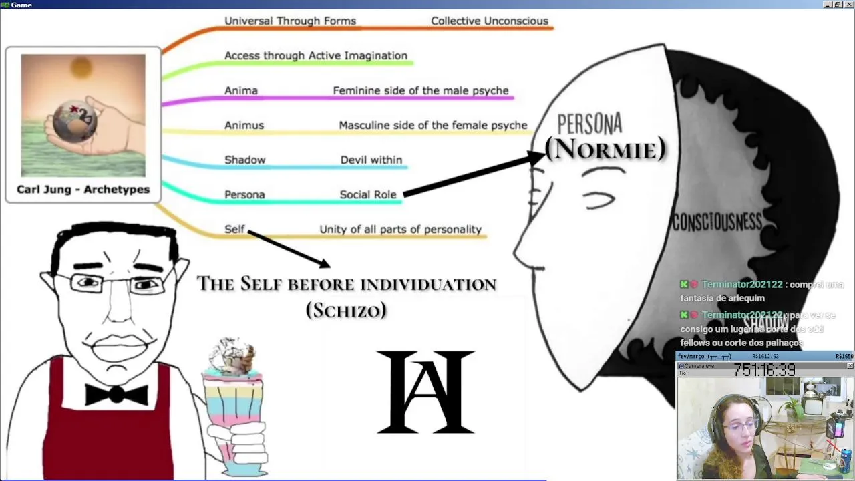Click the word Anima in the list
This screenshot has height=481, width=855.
[x=240, y=91]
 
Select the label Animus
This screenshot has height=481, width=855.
[x=244, y=126]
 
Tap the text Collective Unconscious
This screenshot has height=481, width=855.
[x=489, y=21]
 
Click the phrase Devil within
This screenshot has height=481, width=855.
[x=371, y=160]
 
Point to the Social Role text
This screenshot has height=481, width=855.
[x=367, y=195]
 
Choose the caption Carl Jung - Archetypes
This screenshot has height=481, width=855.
[x=83, y=190]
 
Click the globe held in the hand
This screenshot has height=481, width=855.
[x=75, y=120]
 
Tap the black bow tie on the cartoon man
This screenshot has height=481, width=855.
[x=116, y=394]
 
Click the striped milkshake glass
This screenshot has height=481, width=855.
[x=233, y=408]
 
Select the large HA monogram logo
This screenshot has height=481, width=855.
[x=425, y=392]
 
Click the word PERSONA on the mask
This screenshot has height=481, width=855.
[x=589, y=124]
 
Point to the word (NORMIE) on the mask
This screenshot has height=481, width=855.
[x=605, y=149]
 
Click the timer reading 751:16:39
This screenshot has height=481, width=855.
[x=764, y=369]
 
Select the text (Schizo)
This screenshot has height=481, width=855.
[x=346, y=311]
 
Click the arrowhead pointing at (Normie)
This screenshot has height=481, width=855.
[x=538, y=158]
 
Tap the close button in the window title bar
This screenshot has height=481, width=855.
[x=848, y=5]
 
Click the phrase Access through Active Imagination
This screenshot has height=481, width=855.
[x=315, y=56]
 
